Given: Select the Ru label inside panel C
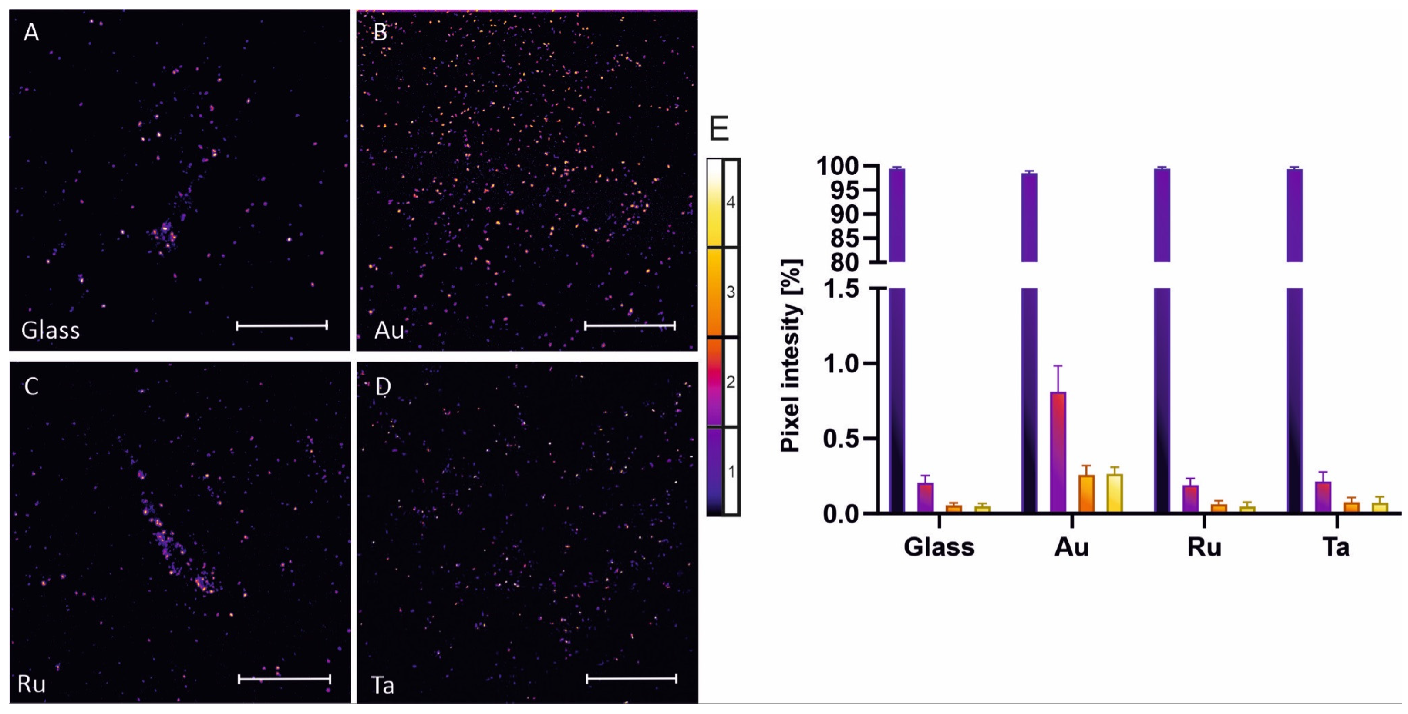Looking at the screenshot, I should (31, 684).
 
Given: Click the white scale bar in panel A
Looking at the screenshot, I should (282, 325).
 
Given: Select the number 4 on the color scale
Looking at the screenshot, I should (731, 203).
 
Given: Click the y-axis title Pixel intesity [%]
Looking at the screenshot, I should (791, 355).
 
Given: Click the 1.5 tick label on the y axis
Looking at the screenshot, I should (845, 288).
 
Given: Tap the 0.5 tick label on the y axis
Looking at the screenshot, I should (845, 439).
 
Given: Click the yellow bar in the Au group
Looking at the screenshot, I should (1115, 493).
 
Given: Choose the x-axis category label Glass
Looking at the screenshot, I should (939, 547).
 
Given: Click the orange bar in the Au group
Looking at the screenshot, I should (1086, 494).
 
